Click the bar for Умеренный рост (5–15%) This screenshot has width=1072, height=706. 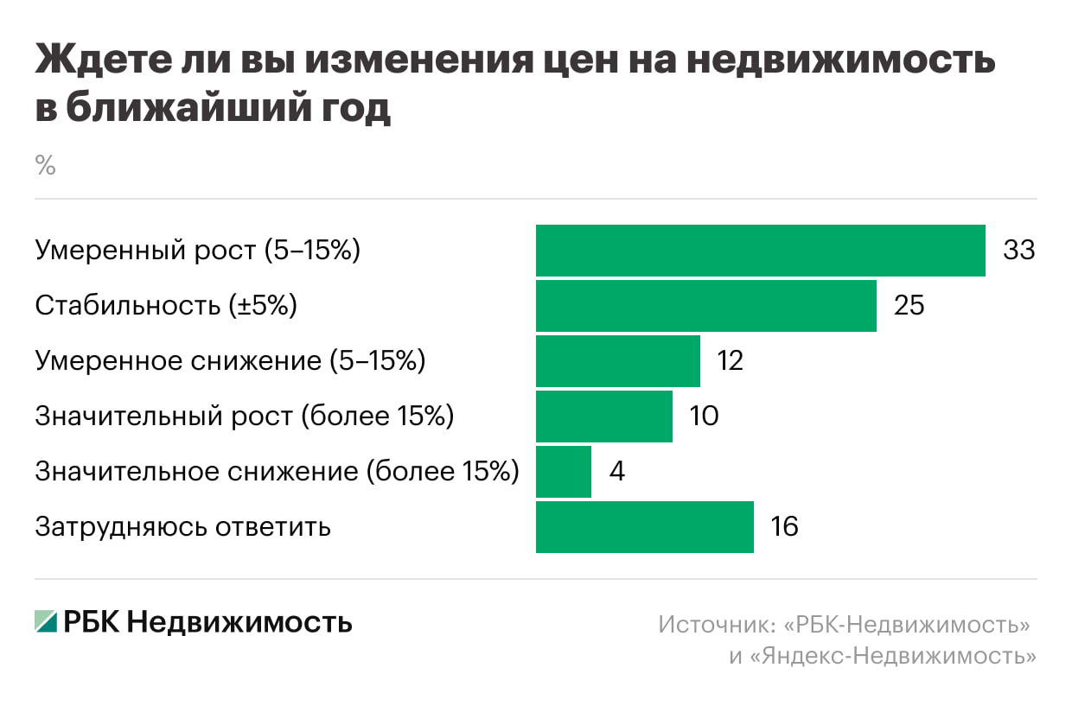pyautogui.click(x=760, y=251)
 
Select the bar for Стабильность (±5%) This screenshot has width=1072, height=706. pyautogui.click(x=705, y=306)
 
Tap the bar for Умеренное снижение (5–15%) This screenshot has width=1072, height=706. pyautogui.click(x=617, y=361)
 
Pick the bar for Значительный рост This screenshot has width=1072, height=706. pyautogui.click(x=603, y=417)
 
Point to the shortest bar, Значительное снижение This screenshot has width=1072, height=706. pyautogui.click(x=563, y=472)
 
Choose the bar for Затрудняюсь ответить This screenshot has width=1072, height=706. pyautogui.click(x=644, y=527)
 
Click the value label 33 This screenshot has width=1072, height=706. pyautogui.click(x=1018, y=251)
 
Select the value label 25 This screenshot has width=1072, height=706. pyautogui.click(x=909, y=306)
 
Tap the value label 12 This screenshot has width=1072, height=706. pyautogui.click(x=731, y=361)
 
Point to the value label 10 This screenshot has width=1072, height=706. pyautogui.click(x=704, y=417)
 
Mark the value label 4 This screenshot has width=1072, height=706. pyautogui.click(x=616, y=472)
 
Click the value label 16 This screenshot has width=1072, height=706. pyautogui.click(x=784, y=527)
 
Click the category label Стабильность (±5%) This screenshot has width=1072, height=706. pyautogui.click(x=166, y=306)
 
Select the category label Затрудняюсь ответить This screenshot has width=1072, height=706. pyautogui.click(x=182, y=527)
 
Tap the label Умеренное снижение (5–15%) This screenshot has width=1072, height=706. pyautogui.click(x=230, y=361)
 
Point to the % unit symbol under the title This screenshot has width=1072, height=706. pyautogui.click(x=45, y=166)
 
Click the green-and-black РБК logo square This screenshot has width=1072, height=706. pyautogui.click(x=46, y=621)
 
